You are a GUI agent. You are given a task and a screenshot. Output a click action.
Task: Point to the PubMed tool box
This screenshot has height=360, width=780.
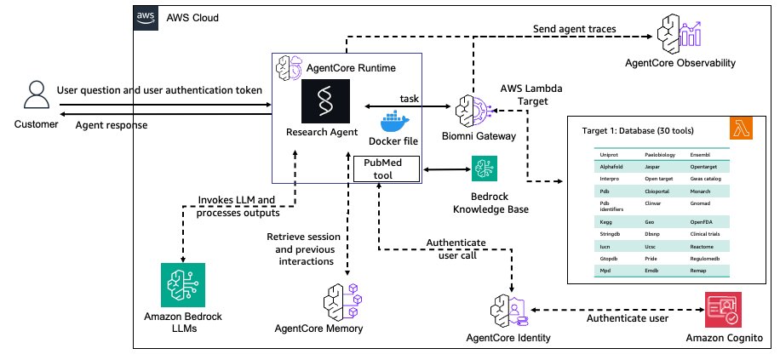pos(387,168)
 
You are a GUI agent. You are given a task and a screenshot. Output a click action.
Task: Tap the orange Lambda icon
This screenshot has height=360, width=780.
pos(743,128)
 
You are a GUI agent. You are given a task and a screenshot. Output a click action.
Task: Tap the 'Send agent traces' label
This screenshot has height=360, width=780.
pos(575,30)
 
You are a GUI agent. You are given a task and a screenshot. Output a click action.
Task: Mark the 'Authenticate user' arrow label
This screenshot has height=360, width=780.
pos(629,319)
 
